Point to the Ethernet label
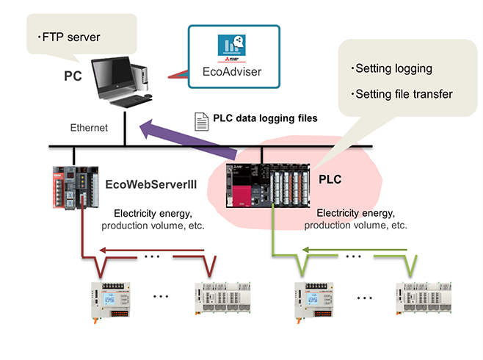(89, 128)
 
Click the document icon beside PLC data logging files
(198, 119)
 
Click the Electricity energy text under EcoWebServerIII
(153, 214)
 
